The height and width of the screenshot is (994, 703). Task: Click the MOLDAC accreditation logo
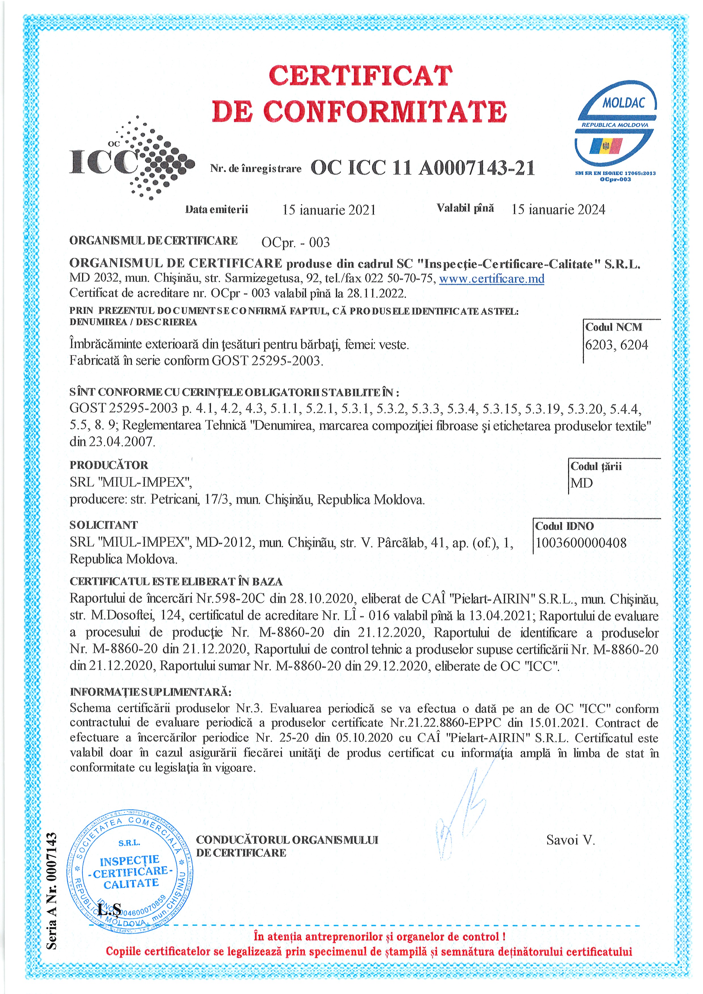[x=615, y=130]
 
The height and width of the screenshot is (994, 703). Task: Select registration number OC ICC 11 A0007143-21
[x=422, y=168]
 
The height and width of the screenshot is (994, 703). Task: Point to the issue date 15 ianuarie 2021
[x=329, y=210]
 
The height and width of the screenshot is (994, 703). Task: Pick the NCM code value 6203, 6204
[x=616, y=345]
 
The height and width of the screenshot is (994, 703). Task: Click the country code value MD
[x=581, y=483]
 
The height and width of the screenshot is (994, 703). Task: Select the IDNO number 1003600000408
[x=581, y=543]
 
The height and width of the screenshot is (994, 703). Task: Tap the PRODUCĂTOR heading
[x=109, y=465]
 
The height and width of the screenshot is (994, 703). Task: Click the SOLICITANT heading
[x=103, y=525]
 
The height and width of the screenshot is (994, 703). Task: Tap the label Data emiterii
[x=217, y=210]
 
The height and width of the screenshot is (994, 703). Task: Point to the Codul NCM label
[x=613, y=327]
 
